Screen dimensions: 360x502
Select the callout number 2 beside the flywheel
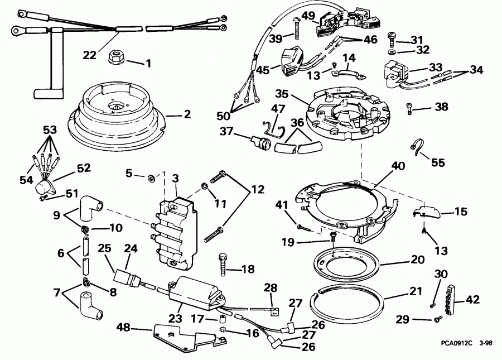click(187, 114)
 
